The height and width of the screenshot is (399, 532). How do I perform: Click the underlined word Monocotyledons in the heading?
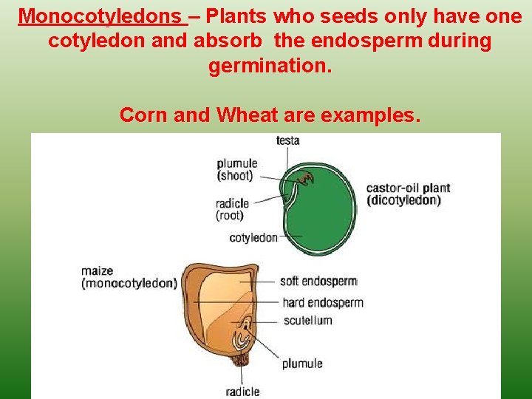coord(103,16)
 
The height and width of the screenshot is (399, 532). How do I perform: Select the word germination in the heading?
coord(270,66)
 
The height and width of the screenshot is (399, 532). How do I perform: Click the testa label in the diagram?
coord(287,140)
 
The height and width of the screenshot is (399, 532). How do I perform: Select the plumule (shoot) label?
coord(236,170)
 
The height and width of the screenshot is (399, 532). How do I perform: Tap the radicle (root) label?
coord(232,210)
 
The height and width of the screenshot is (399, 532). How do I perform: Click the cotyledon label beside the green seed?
coord(253,238)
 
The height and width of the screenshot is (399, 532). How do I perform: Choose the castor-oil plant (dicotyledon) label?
coord(408,194)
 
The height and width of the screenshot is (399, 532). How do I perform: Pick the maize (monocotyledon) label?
coord(129,277)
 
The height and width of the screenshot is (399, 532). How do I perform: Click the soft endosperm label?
coord(318,282)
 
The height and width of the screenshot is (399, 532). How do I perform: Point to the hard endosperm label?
coord(323,302)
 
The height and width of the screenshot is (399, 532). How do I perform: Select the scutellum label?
coord(307,321)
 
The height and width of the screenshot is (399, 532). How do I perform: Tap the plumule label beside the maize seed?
coord(301,364)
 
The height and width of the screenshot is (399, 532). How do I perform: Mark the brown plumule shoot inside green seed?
coord(305,177)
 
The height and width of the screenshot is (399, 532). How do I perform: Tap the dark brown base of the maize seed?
coord(239,361)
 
